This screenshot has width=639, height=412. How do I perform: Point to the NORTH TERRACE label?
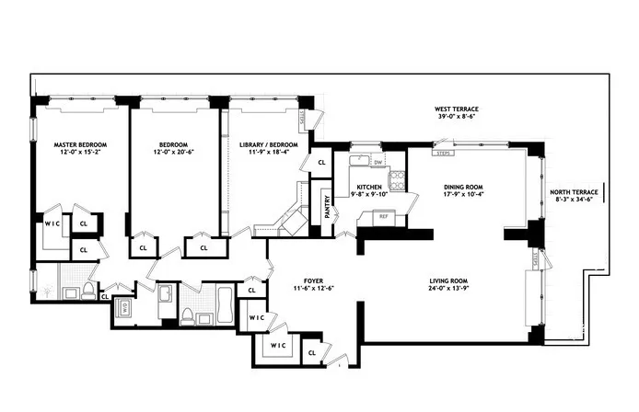[574, 192]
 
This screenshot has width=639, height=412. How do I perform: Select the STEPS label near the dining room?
[443, 153]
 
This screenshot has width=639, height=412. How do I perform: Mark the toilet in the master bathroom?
[87, 292]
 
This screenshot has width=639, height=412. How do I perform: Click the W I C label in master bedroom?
[52, 223]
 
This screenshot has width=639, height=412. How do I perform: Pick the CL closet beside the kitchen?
[321, 163]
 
